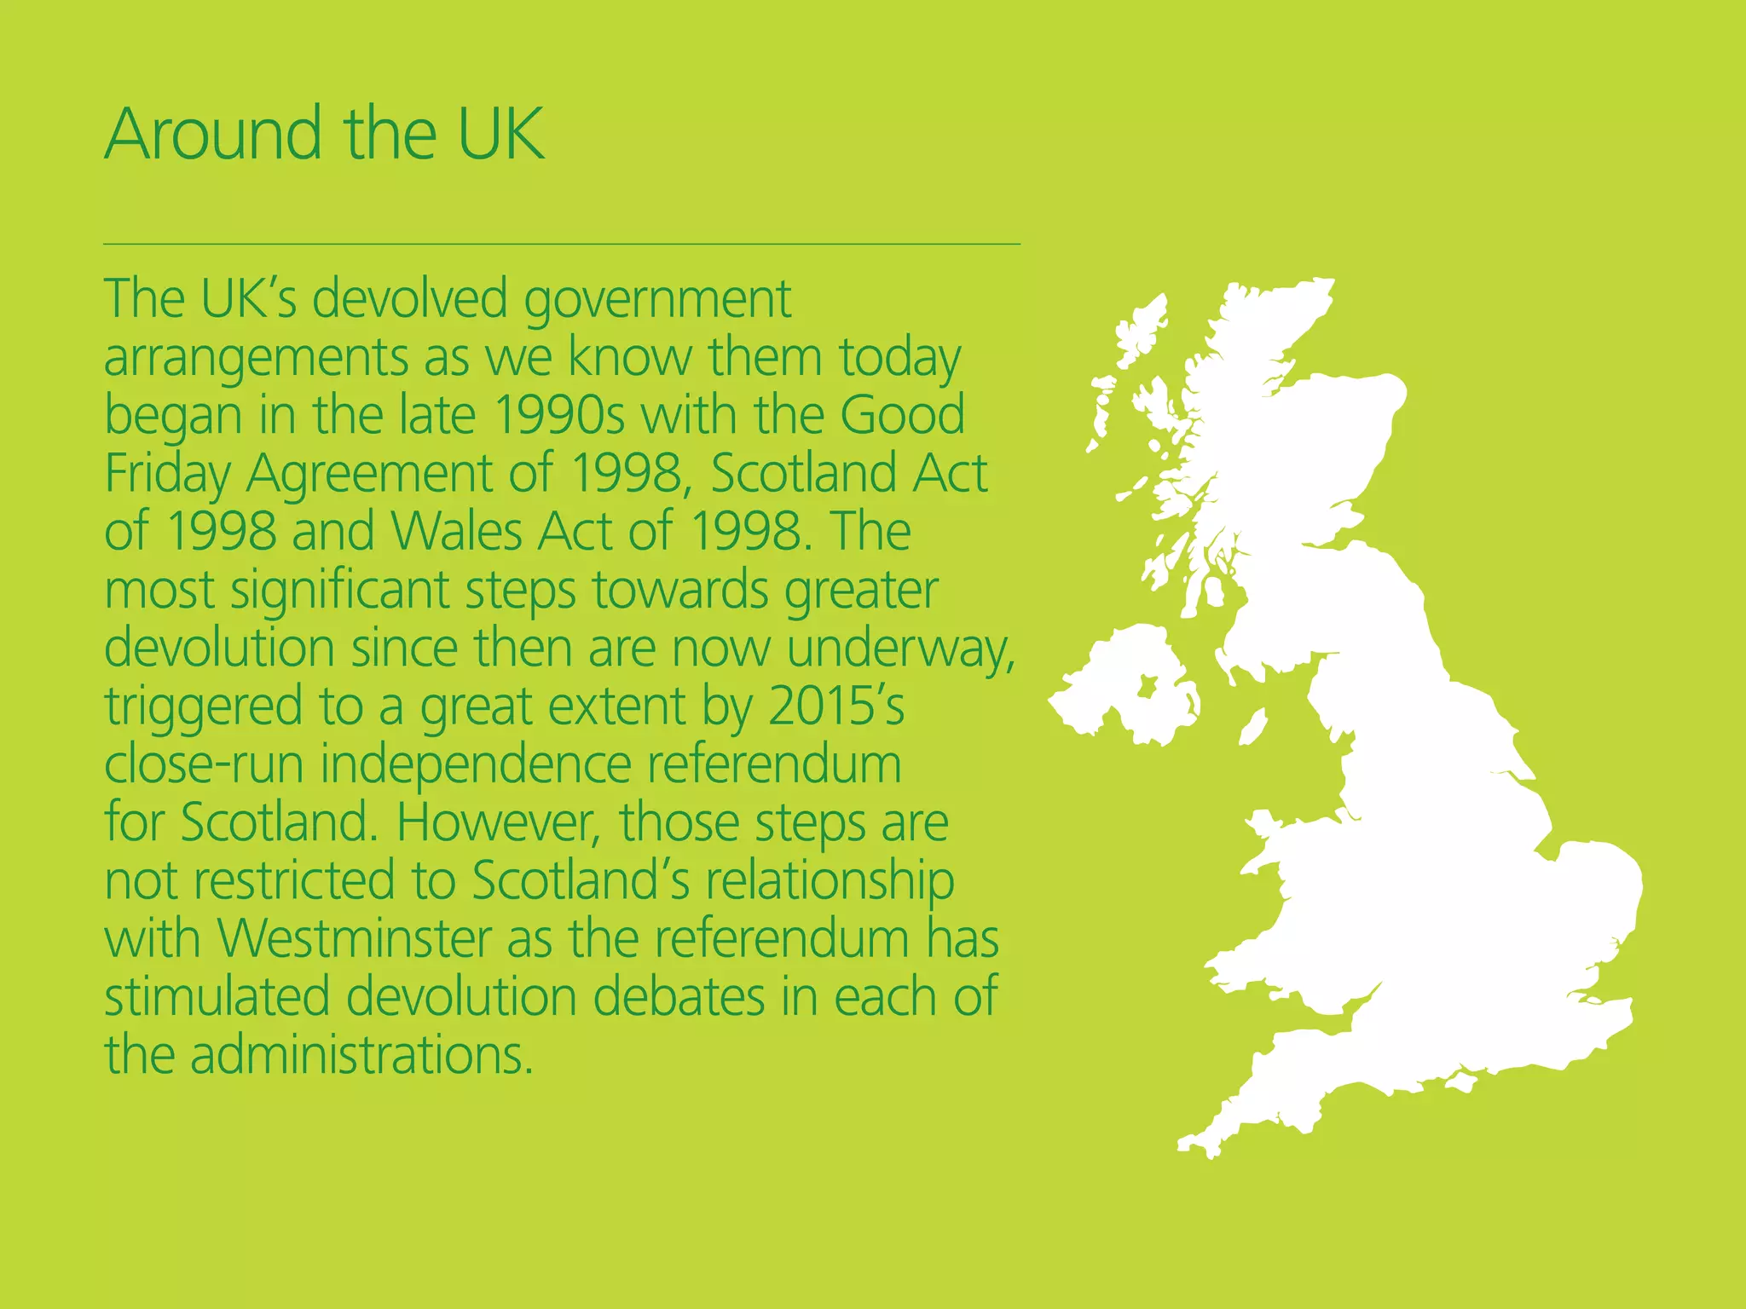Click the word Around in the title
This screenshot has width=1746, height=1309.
coord(213,134)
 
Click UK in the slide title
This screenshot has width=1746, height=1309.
coord(501,134)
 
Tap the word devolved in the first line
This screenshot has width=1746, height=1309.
coord(409,299)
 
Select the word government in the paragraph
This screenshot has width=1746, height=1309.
coord(657,301)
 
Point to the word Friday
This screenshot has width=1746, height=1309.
coord(167,475)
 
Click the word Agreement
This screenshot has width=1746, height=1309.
coord(369,475)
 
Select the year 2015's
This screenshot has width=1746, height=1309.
coord(835,706)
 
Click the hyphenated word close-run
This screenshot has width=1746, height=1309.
coord(204,764)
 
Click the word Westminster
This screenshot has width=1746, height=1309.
coord(355,938)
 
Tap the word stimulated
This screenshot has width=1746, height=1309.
coord(217,996)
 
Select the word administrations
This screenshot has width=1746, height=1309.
coord(361,1054)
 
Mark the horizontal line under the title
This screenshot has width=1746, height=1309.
coord(562,244)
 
